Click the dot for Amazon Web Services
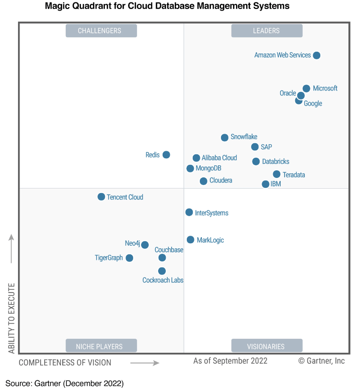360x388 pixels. coord(316,55)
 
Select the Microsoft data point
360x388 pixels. coord(306,88)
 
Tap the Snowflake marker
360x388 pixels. coord(225,137)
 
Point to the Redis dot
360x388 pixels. coord(166,155)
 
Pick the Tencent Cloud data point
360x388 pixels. coord(101,197)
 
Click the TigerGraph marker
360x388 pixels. coord(129,258)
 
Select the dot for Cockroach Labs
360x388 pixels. coord(162,271)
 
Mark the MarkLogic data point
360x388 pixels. coord(190,240)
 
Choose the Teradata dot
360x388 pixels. coord(277,174)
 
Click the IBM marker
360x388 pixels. coord(266,184)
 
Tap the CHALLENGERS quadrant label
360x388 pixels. coord(101,31)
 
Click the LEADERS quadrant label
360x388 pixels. coord(267,31)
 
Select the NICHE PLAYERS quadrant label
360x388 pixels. coord(101,346)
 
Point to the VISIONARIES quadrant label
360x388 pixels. coord(267,346)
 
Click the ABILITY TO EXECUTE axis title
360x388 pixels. coord(12,318)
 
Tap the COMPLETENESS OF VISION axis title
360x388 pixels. coord(65,362)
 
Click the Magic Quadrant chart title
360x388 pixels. coord(167,7)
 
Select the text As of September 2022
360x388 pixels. coord(230,361)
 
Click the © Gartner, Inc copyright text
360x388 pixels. coord(321,361)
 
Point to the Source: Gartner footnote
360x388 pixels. coord(64,383)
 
